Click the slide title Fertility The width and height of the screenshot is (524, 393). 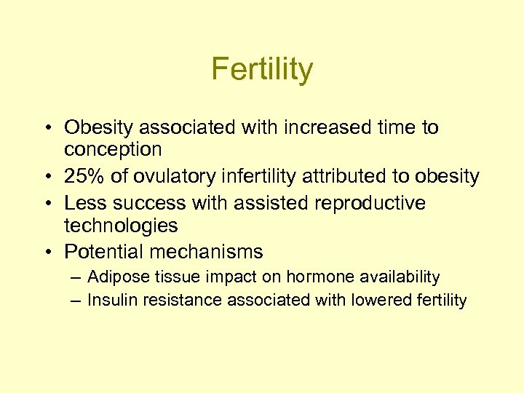point(262,70)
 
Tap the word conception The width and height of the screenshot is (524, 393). point(113,149)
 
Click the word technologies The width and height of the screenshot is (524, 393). point(121,226)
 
